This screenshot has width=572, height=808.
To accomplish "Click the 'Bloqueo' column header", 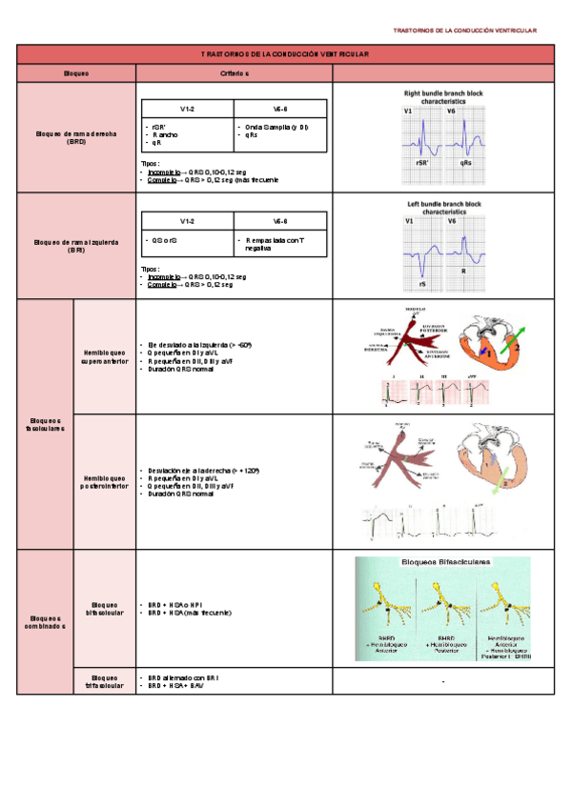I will pyautogui.click(x=75, y=73).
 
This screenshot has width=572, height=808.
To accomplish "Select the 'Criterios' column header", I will pyautogui.click(x=235, y=73).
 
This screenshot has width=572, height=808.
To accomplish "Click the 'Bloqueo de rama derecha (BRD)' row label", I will pyautogui.click(x=76, y=138).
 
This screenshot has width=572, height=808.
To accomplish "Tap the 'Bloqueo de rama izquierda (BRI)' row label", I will pyautogui.click(x=76, y=246).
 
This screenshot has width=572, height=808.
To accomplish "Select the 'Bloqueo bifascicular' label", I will pyautogui.click(x=105, y=608).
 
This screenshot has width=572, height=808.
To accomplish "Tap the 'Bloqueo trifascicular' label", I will pyautogui.click(x=105, y=681).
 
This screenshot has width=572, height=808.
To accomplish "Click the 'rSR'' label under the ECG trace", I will pyautogui.click(x=420, y=163).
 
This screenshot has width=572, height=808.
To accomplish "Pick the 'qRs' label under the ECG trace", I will pyautogui.click(x=466, y=163).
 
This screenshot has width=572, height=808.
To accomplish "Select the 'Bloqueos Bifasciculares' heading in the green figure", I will pyautogui.click(x=443, y=563).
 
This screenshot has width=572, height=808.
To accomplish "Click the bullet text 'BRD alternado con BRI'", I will pyautogui.click(x=184, y=677).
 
